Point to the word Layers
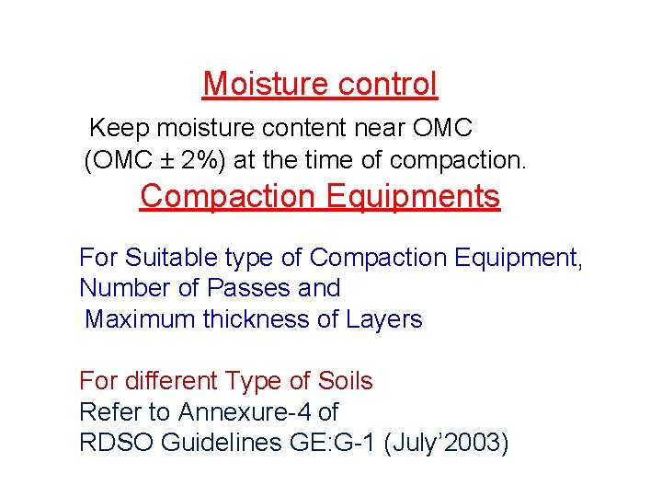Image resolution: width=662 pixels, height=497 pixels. click(x=384, y=319)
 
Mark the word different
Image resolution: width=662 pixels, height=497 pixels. click(x=172, y=381)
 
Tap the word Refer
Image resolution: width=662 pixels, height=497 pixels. click(x=109, y=412)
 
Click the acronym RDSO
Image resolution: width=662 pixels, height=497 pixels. click(x=116, y=443)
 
